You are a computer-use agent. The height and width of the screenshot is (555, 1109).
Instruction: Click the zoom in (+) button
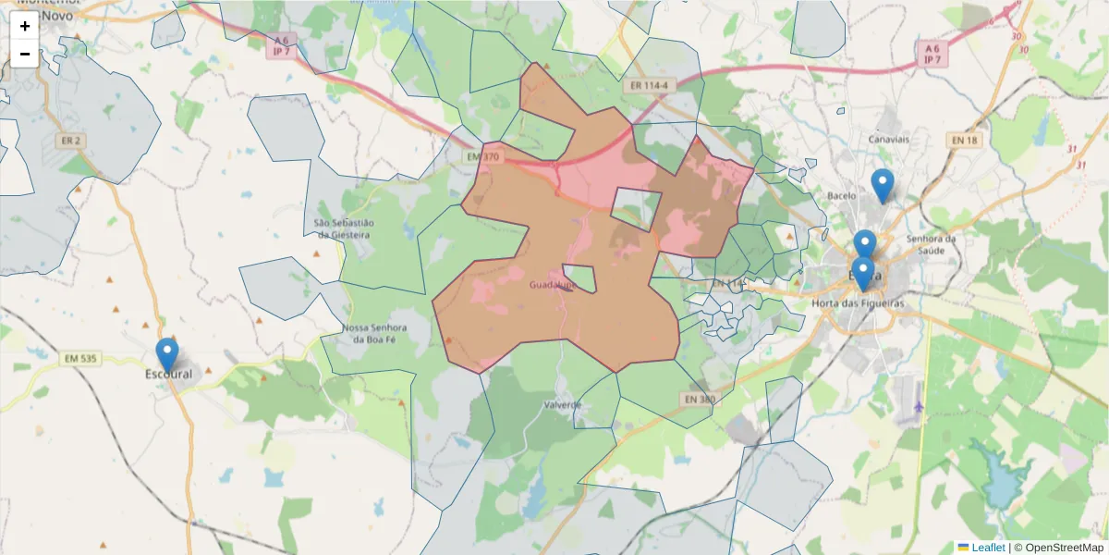[25, 26]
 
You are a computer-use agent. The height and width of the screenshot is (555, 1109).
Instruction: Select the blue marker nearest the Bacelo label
[883, 186]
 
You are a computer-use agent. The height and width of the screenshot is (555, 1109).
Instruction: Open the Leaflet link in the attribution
[988, 547]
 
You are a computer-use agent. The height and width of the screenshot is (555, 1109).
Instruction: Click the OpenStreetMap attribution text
[1064, 547]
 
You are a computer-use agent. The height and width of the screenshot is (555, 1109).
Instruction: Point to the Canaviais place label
[890, 139]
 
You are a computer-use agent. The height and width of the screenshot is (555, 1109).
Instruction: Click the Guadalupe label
[552, 285]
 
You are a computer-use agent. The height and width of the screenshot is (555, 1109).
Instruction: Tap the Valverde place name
[562, 405]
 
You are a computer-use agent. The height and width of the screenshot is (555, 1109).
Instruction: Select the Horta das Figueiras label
[857, 303]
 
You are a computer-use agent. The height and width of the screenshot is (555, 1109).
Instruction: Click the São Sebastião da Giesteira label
[344, 228]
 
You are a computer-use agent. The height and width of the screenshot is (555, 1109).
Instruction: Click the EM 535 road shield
[80, 358]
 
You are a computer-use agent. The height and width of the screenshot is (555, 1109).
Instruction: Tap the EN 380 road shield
[700, 400]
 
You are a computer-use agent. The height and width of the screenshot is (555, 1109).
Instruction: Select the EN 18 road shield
[963, 140]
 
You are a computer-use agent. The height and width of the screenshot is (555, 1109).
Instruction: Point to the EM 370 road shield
[482, 157]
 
